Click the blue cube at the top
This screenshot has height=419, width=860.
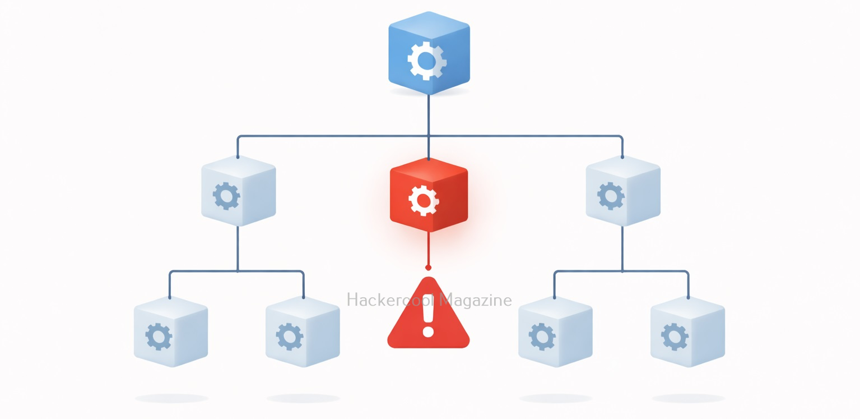point(429,53)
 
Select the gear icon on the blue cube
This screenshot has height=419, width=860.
point(427,60)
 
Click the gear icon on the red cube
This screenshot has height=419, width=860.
point(424,200)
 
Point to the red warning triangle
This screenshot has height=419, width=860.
point(429,317)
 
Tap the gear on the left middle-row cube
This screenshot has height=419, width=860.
point(226,196)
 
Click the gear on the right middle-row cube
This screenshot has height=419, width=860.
point(611,196)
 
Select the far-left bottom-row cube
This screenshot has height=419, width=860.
point(171,331)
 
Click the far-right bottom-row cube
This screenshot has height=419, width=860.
point(687,331)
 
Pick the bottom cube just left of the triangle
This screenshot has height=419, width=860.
point(303,331)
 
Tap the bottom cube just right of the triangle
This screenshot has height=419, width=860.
point(555,331)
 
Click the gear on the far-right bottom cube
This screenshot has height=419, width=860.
point(675,337)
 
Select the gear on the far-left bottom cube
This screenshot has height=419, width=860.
point(159,337)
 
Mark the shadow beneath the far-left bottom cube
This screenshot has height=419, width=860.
point(171,398)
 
